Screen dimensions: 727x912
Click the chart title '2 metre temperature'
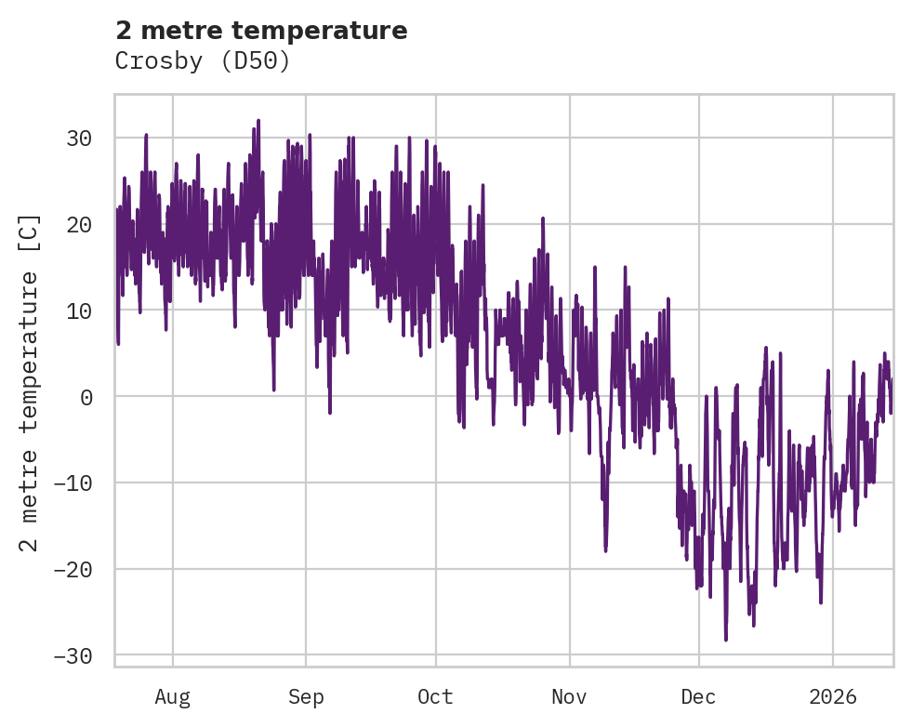(x=261, y=31)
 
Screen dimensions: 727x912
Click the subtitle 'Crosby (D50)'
(x=203, y=61)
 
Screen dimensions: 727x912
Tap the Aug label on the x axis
(x=172, y=696)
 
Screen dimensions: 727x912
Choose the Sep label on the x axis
(x=305, y=696)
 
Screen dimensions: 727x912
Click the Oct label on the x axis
(x=435, y=696)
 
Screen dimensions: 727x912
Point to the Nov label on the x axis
(x=569, y=696)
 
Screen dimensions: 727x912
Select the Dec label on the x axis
(x=699, y=696)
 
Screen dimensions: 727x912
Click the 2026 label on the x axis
(x=832, y=696)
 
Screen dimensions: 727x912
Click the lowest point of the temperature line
(x=725, y=640)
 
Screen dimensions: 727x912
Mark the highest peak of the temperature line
(x=258, y=120)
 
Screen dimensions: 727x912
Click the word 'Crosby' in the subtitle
(x=154, y=61)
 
